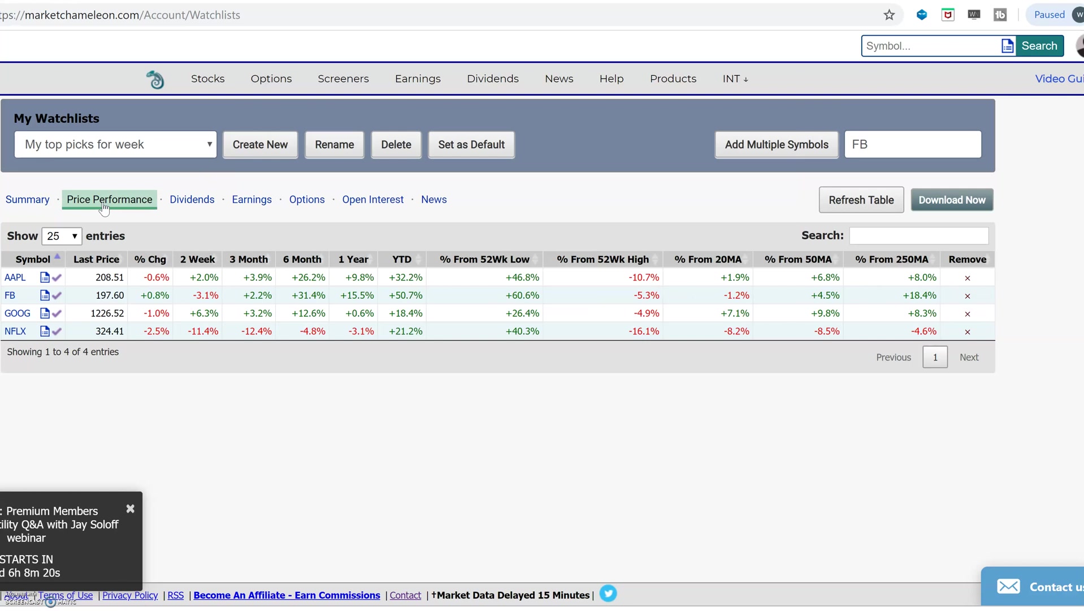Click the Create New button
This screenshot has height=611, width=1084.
(260, 145)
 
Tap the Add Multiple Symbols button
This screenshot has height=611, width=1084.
(776, 145)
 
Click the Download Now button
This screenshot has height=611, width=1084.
(951, 200)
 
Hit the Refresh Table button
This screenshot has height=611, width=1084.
(861, 200)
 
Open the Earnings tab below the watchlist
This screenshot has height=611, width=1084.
(252, 200)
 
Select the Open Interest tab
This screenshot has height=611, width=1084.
(372, 200)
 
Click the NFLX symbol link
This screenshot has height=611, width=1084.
(15, 332)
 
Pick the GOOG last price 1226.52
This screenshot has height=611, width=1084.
(107, 313)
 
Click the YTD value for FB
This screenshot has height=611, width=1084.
(405, 295)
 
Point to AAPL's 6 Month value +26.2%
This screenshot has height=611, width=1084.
(308, 278)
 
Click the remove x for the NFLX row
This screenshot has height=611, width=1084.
(967, 332)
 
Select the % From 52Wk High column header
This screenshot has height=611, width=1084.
(602, 260)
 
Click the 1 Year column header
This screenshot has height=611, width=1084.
(353, 260)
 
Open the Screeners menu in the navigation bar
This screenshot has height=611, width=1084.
(343, 79)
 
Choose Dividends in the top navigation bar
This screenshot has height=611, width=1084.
(492, 79)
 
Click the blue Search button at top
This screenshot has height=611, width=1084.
(1039, 46)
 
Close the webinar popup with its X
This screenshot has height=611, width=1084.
(131, 509)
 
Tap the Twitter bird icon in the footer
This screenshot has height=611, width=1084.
(608, 594)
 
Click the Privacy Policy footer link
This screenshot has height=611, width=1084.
(130, 595)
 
